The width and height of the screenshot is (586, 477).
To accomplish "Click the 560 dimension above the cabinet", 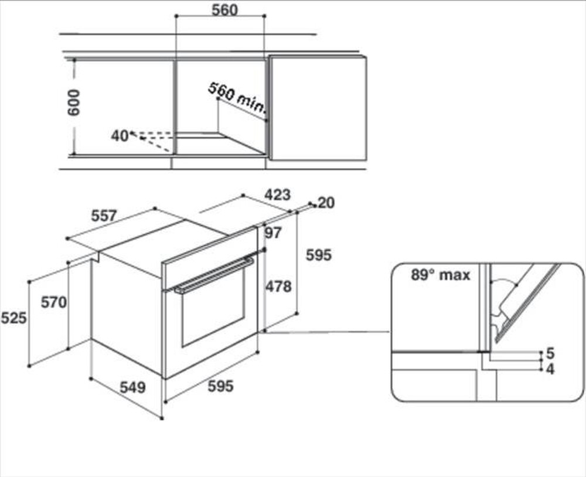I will pos(224,10).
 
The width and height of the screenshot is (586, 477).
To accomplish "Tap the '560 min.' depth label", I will pos(237,97).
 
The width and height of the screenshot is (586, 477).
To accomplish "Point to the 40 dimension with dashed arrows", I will pos(120,136).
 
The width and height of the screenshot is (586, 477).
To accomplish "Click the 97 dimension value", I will pos(273,233).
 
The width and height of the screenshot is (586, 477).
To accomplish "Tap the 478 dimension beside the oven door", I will pos(279,287).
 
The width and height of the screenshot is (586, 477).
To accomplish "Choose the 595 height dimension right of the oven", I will pos(319,255).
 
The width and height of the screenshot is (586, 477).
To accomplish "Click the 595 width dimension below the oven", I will pos(221,387).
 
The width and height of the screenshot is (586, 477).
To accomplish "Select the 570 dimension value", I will pos(54,302).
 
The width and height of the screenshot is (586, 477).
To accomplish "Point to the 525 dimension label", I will pos(13,318).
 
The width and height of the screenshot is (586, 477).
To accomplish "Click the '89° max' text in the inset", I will pos(440,275).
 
